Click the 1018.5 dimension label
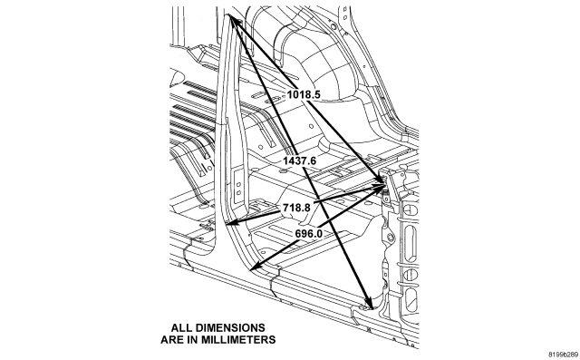[x=304, y=94]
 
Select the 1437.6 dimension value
[x=300, y=161]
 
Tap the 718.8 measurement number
[x=296, y=208]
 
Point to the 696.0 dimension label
[x=308, y=234]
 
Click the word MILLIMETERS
[x=239, y=340]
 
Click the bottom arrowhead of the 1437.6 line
[x=368, y=304]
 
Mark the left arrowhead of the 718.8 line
[x=231, y=223]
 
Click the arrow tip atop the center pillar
[x=229, y=15]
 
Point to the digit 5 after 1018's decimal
[x=316, y=94]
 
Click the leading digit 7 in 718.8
[x=286, y=208]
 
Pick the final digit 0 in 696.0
[x=319, y=234]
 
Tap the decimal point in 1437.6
[x=308, y=164]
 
